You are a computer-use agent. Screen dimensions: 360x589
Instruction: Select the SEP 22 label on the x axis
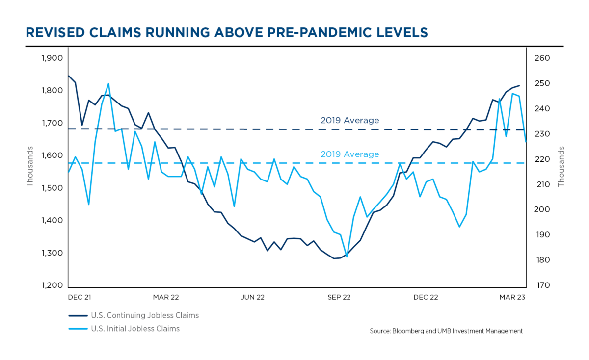coord(339,297)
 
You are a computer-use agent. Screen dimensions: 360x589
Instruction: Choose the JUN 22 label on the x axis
coord(252,297)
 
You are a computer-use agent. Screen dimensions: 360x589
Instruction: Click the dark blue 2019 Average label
coord(349,120)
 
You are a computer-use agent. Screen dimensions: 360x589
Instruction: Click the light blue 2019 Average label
coord(349,154)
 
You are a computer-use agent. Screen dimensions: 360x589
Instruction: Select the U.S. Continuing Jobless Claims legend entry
coord(145,315)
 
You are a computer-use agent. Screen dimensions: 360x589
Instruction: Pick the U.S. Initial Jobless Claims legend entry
coord(135,329)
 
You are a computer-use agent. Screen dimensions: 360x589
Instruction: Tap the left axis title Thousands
coord(30,166)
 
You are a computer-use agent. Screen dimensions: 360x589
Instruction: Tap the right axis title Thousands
coord(562,166)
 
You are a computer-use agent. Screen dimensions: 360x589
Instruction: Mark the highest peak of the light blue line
coord(108,84)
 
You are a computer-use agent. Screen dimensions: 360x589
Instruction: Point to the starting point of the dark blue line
coord(68,76)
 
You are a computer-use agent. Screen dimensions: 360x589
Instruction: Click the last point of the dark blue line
coord(519,85)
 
